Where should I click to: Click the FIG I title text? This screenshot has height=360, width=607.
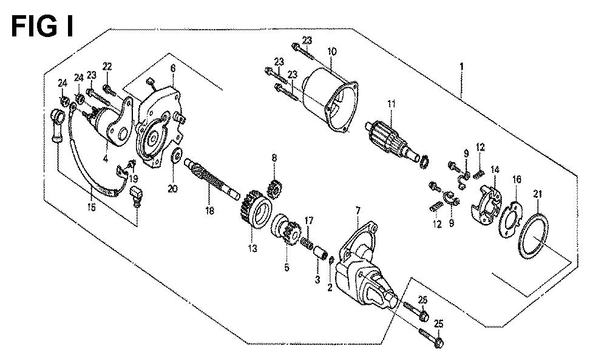[42, 26]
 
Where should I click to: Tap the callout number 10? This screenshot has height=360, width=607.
[332, 51]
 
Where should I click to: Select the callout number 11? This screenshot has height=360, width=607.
[392, 104]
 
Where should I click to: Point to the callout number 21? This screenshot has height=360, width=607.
[538, 194]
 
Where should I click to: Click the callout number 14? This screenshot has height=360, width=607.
[495, 169]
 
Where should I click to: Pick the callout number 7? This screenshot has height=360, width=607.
[358, 211]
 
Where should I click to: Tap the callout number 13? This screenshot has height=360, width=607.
[253, 248]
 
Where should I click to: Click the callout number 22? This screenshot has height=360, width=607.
[107, 66]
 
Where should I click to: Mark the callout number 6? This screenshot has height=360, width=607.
[172, 68]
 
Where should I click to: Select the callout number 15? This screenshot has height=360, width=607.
[92, 207]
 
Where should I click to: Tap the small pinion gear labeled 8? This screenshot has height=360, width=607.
[274, 189]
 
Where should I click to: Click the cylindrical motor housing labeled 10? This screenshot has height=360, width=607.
[330, 100]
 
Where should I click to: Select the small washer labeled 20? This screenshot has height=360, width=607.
[177, 155]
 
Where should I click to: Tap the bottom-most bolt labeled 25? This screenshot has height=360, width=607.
[431, 338]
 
